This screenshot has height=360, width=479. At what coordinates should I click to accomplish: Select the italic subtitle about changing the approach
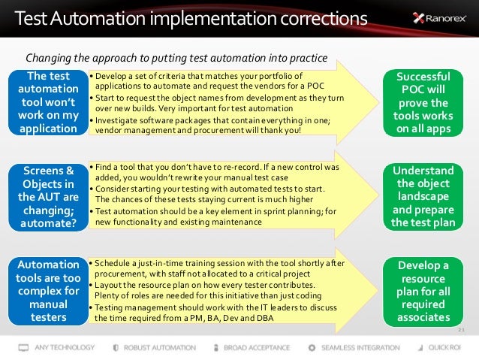176,57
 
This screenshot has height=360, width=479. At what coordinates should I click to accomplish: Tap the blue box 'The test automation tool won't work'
47,102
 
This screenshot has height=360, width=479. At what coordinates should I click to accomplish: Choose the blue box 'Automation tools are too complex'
47,291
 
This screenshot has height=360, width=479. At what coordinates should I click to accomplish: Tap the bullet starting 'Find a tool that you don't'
214,171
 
